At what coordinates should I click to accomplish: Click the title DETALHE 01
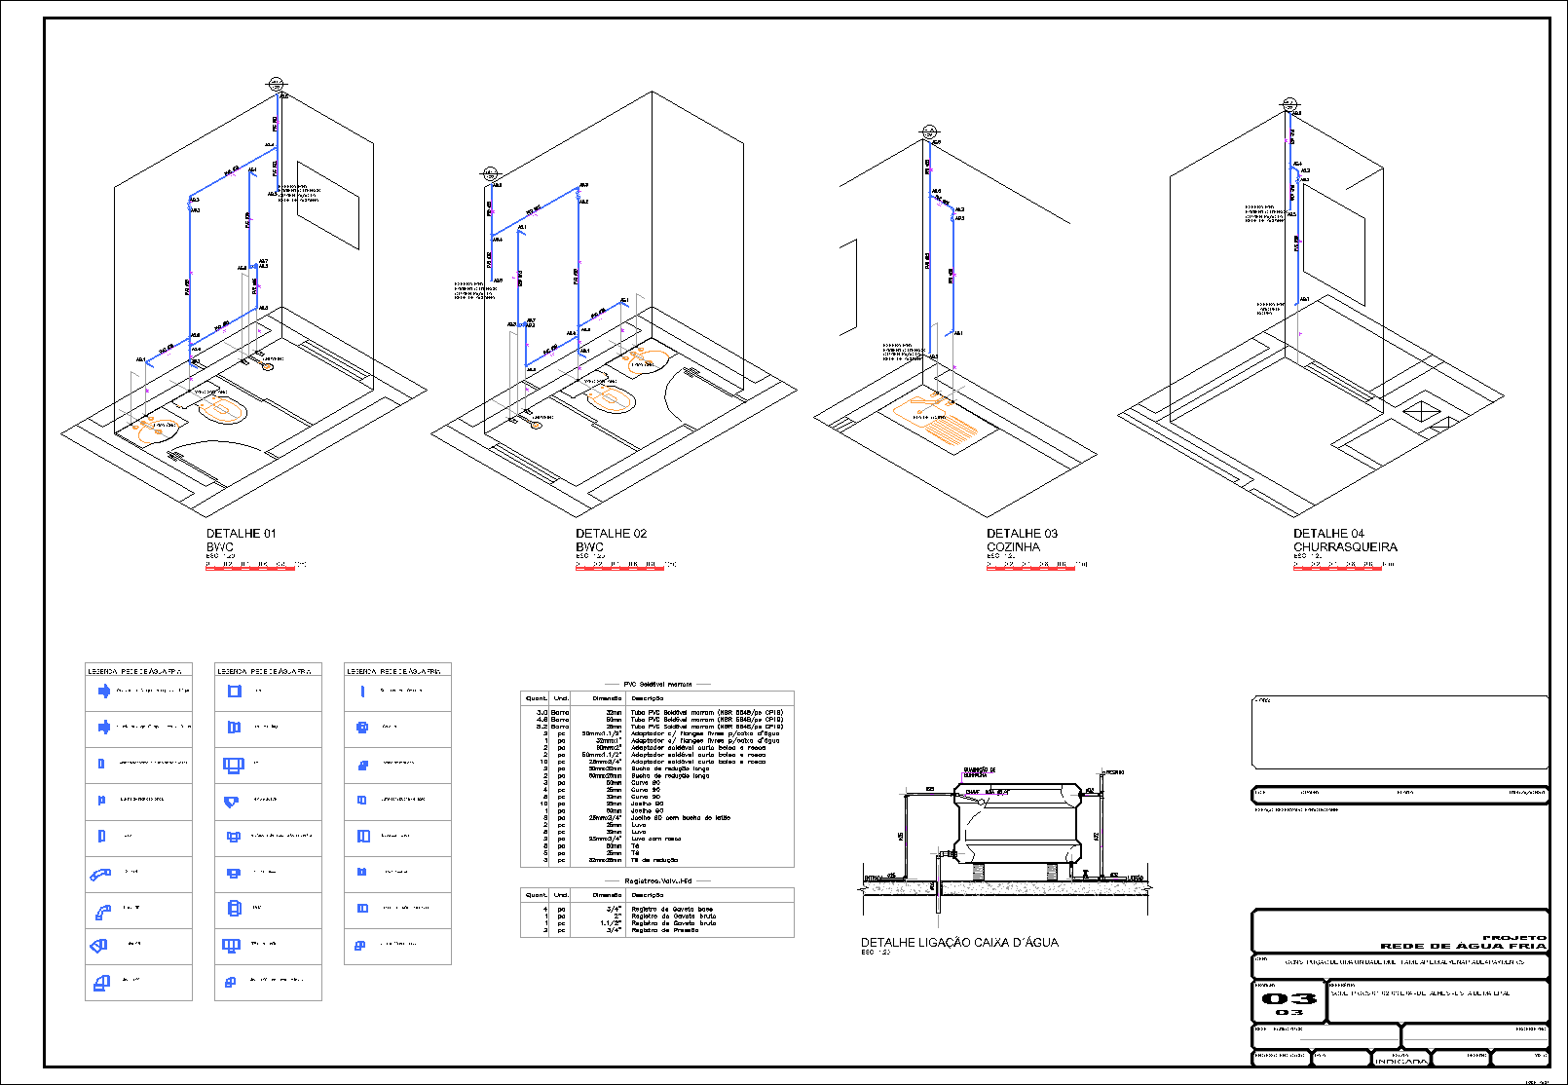tap(241, 534)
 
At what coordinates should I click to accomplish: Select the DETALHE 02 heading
tap(611, 534)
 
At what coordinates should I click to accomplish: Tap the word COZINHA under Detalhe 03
tap(1013, 547)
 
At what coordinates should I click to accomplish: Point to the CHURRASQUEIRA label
tap(1345, 547)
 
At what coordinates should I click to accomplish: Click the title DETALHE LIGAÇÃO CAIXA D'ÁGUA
tap(959, 943)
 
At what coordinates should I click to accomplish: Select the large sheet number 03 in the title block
tap(1288, 999)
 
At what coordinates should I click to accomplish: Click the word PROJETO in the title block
tap(1513, 937)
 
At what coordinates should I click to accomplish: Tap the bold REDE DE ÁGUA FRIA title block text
tap(1463, 946)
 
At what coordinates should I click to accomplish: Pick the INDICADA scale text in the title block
tap(1400, 1061)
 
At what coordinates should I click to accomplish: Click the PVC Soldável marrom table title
tap(657, 685)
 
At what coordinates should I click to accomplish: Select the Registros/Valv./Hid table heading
tap(657, 880)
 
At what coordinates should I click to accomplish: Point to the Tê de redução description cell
tap(655, 860)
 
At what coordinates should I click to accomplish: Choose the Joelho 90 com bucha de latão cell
tap(680, 818)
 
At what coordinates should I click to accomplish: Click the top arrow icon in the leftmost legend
tap(103, 692)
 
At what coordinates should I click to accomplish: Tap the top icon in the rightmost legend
tap(362, 692)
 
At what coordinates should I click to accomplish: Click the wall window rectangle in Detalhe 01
tap(328, 206)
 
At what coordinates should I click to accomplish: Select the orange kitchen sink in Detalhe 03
tap(942, 420)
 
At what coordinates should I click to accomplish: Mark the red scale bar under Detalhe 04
tap(1337, 568)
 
